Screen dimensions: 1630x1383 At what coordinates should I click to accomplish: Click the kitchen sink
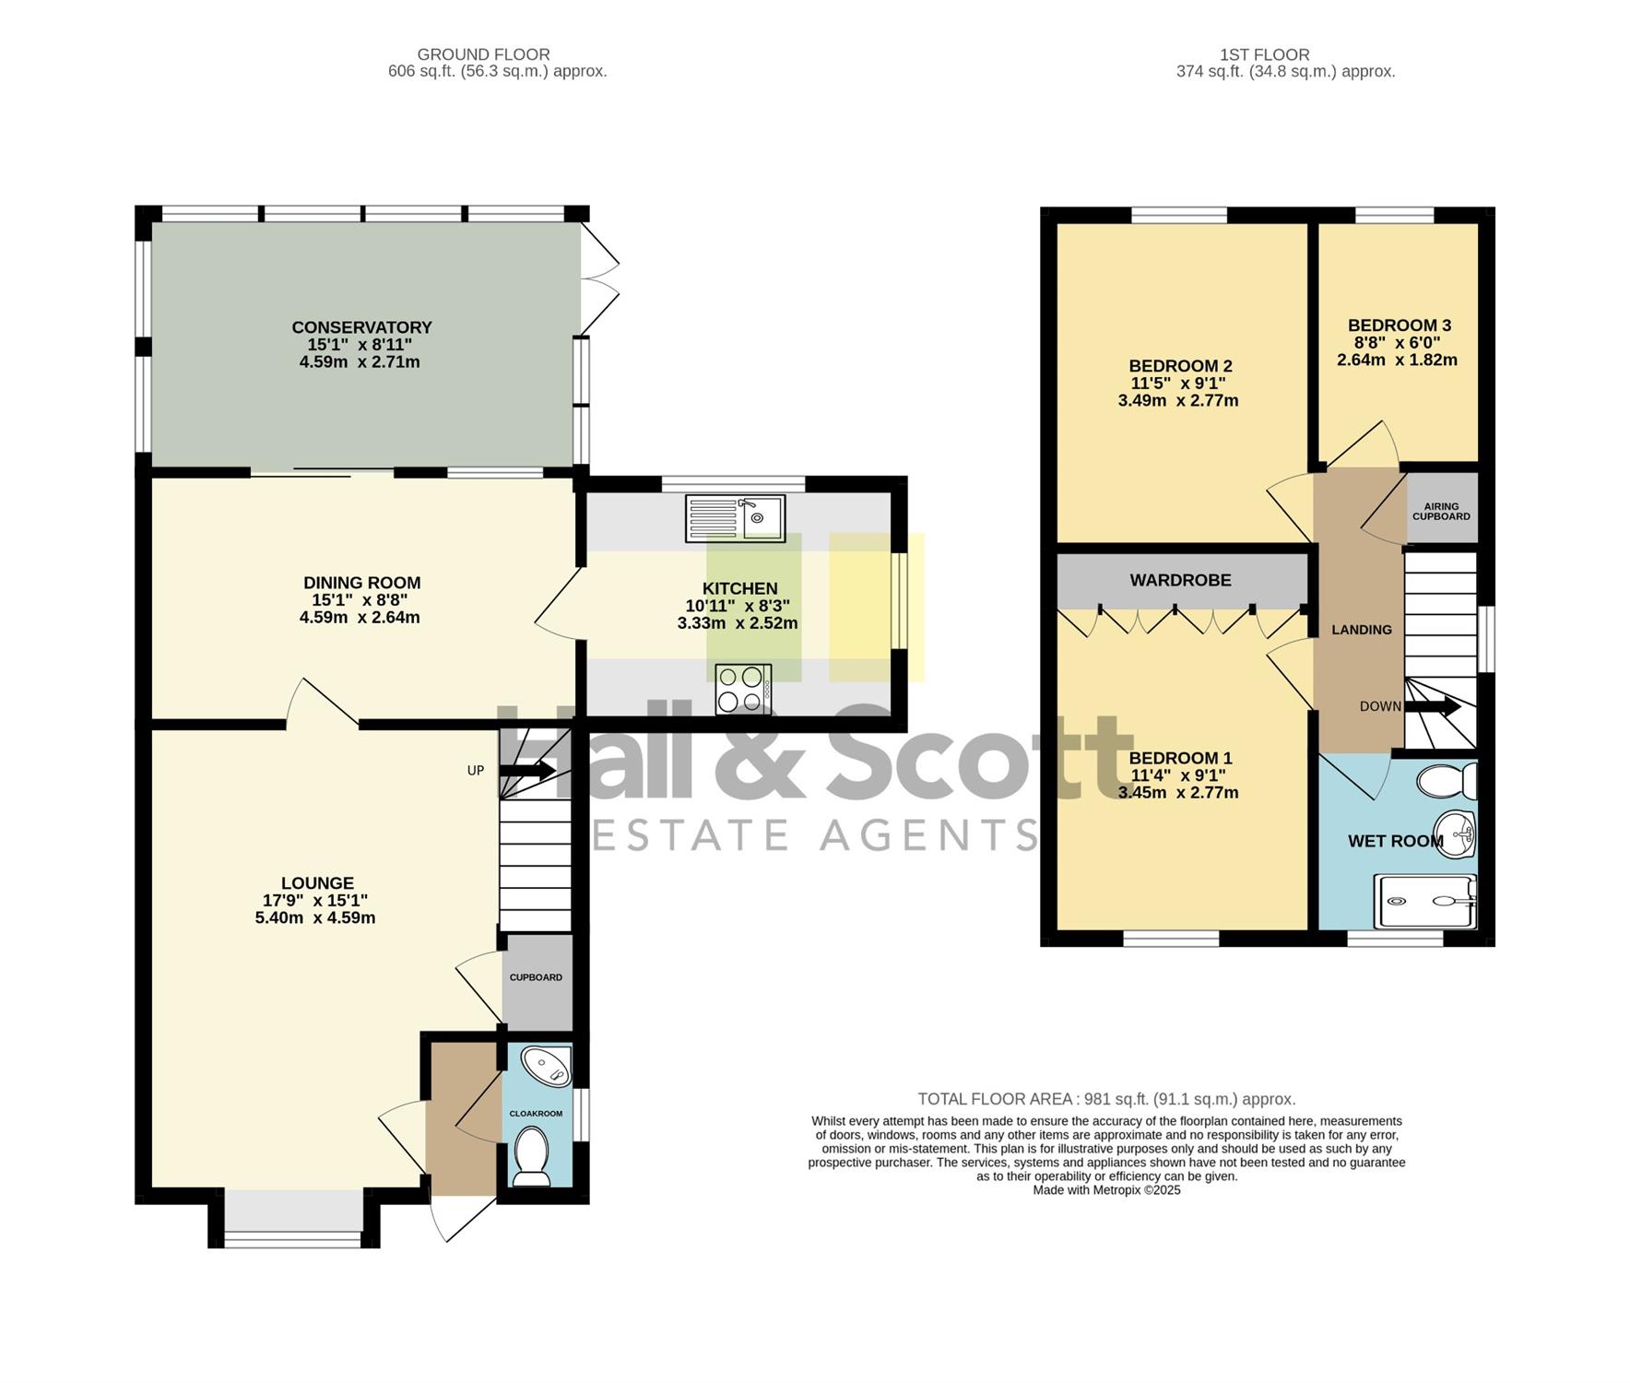click(x=735, y=518)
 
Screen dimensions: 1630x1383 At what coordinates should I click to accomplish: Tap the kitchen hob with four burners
click(x=743, y=690)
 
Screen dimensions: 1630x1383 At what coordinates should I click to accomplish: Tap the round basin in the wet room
click(x=1457, y=835)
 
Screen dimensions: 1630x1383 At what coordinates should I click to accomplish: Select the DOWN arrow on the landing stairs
click(x=1432, y=707)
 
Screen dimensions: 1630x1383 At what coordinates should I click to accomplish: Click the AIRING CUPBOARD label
click(x=1441, y=512)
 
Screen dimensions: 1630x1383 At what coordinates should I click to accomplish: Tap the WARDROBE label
click(x=1180, y=580)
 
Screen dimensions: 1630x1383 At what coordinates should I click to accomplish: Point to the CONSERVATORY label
click(x=361, y=327)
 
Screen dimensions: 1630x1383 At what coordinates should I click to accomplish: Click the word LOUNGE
click(x=317, y=883)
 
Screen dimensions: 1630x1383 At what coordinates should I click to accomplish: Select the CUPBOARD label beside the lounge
click(x=536, y=977)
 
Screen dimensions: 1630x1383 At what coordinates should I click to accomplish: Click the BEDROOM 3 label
click(x=1399, y=325)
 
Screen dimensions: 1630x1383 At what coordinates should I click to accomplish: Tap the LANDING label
click(x=1362, y=630)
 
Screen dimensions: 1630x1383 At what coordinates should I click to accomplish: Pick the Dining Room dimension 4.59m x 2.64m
click(x=360, y=618)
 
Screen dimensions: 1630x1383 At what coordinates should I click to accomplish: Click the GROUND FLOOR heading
click(x=483, y=54)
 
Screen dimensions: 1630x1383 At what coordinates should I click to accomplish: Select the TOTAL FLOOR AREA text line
click(x=1106, y=1099)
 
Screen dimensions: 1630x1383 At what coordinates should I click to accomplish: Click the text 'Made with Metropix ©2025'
click(x=1106, y=1190)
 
